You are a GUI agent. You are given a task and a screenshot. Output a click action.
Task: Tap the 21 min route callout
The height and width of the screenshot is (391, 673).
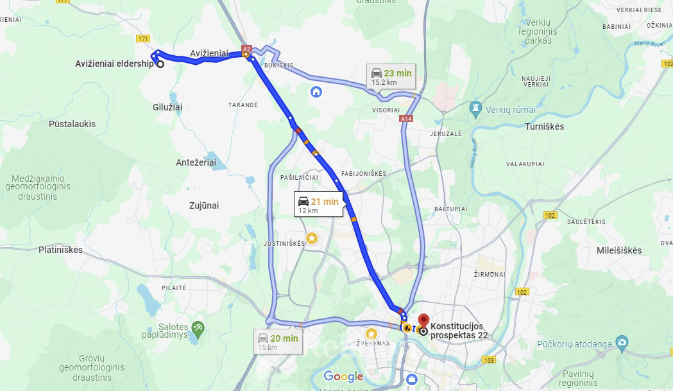tap(319, 205)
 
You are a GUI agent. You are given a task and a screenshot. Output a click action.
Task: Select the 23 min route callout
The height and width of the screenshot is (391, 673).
tap(391, 76)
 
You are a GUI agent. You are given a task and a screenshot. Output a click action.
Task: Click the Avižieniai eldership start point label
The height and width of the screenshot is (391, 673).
tap(114, 64)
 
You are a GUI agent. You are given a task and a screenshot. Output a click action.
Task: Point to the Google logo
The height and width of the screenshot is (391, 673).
tap(343, 377)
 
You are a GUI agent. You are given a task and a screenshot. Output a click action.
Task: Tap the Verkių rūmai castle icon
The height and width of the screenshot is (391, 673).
tap(475, 107)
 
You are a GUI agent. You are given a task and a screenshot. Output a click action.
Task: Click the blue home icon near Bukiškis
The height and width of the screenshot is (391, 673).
tap(316, 92)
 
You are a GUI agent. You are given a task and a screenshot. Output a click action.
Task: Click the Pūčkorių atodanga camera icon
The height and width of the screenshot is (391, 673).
tap(621, 342)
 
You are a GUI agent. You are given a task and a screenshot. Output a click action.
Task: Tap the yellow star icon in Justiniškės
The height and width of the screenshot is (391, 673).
tap(311, 238)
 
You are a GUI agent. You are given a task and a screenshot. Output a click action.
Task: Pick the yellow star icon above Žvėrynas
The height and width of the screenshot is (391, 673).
tap(371, 334)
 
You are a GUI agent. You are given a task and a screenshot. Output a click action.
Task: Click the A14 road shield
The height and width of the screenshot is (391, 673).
tap(405, 119)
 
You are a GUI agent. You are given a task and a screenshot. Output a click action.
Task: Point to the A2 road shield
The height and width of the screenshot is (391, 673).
tap(247, 49)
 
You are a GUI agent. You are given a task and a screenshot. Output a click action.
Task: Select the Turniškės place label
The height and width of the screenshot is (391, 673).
tap(544, 126)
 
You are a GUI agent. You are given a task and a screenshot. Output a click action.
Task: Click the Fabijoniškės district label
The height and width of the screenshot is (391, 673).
tap(363, 173)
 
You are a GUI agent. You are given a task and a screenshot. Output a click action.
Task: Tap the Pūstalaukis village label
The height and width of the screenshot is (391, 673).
tap(72, 124)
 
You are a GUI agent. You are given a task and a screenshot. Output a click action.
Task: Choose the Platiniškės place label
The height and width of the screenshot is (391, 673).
tap(60, 250)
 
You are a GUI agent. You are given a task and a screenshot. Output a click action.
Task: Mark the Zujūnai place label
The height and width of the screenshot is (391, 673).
tap(204, 205)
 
